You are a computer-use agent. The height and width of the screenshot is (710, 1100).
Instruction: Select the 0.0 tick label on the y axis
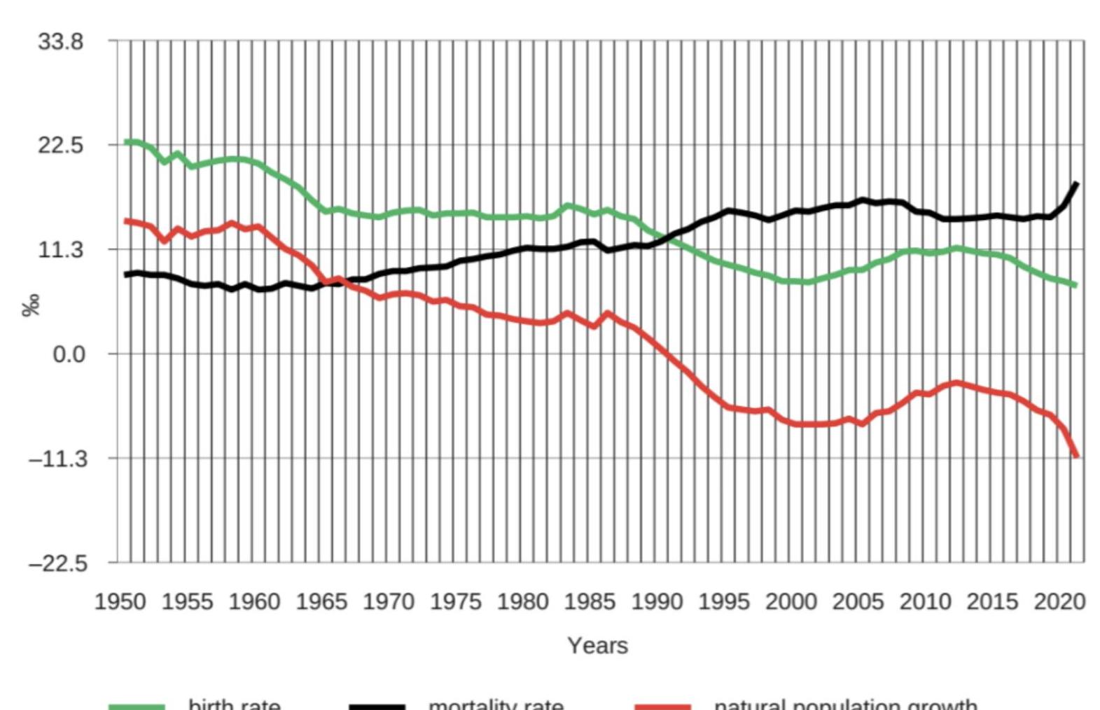(x=69, y=354)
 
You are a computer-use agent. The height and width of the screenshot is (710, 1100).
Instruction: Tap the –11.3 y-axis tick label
(x=57, y=459)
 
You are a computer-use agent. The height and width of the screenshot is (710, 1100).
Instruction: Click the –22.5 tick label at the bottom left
(x=57, y=563)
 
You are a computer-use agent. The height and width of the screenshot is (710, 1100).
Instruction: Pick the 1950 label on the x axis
(x=120, y=601)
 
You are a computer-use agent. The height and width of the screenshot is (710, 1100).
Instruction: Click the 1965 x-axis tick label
(x=321, y=601)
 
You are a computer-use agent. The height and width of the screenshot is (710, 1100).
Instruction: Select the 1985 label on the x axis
(x=590, y=601)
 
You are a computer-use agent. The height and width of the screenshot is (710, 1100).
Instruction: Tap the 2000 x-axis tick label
(x=791, y=601)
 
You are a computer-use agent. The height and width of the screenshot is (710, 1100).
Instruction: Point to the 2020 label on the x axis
(x=1059, y=601)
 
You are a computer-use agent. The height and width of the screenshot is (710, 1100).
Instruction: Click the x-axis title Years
(x=597, y=645)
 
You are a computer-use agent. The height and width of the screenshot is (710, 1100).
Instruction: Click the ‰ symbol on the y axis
(x=32, y=305)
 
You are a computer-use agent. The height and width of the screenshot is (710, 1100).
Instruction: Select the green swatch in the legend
(x=137, y=706)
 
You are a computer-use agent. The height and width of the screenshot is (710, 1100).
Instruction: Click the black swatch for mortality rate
(x=377, y=706)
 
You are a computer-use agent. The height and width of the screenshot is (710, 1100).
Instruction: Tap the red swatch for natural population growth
(x=662, y=706)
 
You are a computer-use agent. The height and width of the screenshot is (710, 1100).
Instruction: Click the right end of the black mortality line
(x=1076, y=183)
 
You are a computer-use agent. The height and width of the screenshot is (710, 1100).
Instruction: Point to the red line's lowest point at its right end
(x=1076, y=456)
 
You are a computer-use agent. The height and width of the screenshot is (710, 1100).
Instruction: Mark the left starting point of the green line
(x=127, y=142)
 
